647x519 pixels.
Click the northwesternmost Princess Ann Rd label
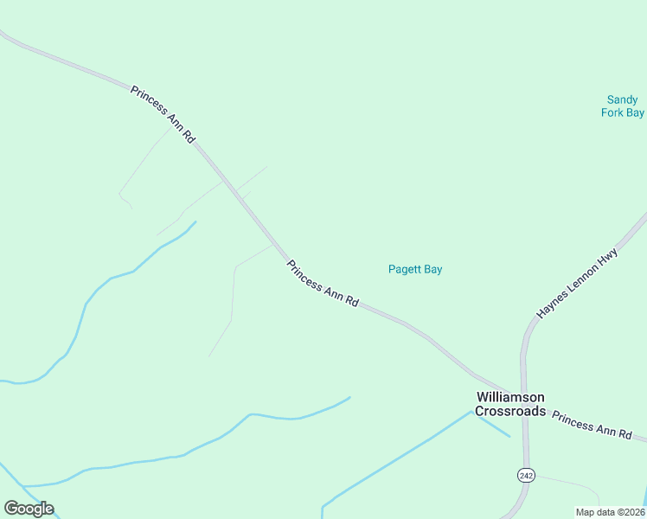coord(163,114)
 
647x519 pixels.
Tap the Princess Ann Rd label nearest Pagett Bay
coord(323,284)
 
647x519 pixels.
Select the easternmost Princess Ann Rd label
coord(592,425)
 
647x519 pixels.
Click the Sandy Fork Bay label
coord(623,106)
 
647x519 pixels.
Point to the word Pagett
coord(404,269)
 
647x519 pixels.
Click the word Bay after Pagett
coord(432,269)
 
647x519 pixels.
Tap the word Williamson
coord(510,396)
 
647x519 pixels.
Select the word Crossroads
coord(510,411)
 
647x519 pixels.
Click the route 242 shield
coord(526,475)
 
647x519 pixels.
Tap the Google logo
coord(29,509)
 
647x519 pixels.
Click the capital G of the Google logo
coord(11,509)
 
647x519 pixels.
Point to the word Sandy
coord(623,100)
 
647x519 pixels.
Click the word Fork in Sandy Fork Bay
coord(613,112)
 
